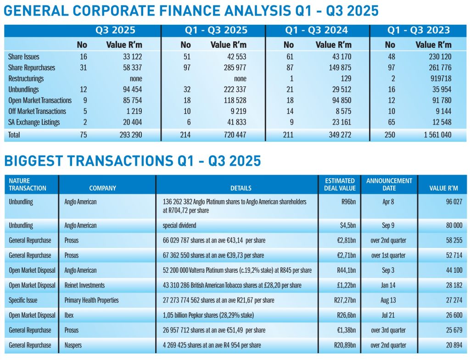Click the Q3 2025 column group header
click(x=115, y=31)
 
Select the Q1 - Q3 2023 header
click(x=419, y=31)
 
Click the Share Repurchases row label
click(x=31, y=68)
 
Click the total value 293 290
click(x=127, y=135)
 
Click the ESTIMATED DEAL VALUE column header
click(x=340, y=184)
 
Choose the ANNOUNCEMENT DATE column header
click(x=389, y=184)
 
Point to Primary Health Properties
click(x=91, y=300)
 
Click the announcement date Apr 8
click(x=388, y=202)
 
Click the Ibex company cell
click(x=69, y=315)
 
